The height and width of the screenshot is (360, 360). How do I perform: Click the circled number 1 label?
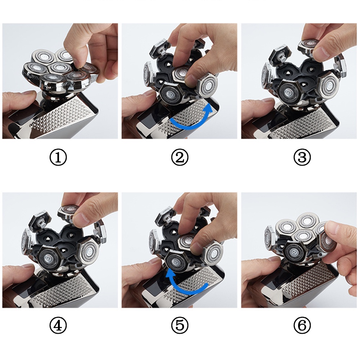click(58, 157)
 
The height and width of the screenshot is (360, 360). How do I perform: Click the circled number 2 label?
click(180, 157)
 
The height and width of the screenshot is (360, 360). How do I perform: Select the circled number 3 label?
click(302, 157)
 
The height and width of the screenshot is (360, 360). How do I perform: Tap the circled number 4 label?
click(58, 326)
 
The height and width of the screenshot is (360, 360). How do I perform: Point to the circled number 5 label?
click(180, 326)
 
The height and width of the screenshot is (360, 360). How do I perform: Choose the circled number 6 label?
click(302, 326)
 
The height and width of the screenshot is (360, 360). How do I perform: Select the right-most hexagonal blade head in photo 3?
click(328, 86)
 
